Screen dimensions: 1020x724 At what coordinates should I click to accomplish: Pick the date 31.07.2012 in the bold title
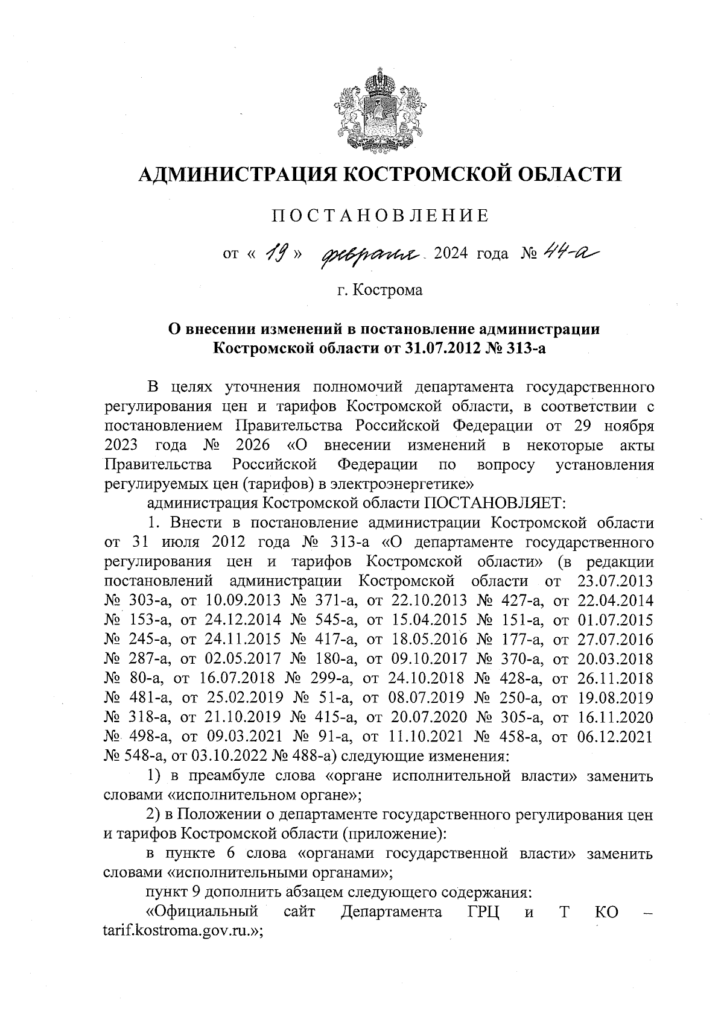coord(439,348)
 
